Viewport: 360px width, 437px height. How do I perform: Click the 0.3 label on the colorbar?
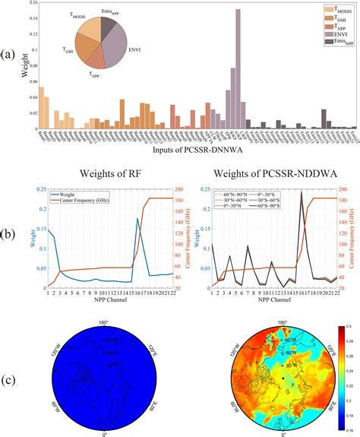point(349,325)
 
